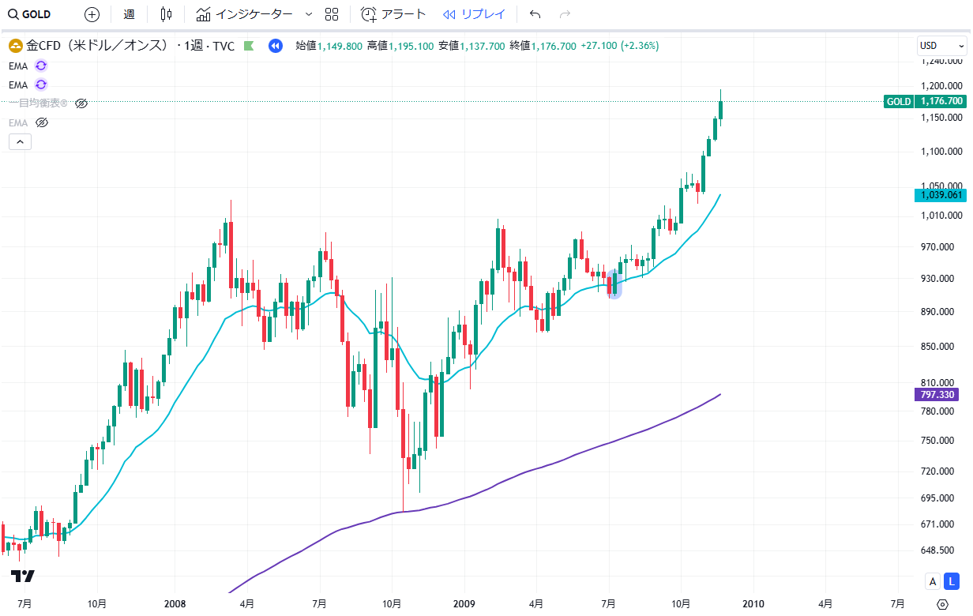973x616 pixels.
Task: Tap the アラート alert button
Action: pos(393,14)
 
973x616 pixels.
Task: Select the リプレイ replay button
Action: pos(474,14)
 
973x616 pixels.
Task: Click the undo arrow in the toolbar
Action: pos(535,14)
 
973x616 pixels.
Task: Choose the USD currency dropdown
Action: pos(941,46)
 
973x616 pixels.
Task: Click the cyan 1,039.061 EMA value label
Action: pos(939,194)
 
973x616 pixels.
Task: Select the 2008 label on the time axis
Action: pos(175,603)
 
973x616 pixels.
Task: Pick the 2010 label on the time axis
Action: pos(753,603)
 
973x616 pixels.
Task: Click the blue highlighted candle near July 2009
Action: pos(614,284)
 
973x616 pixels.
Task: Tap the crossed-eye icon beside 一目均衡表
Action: pos(81,103)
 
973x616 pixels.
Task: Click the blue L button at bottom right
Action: pos(953,582)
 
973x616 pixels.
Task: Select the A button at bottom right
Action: pos(933,582)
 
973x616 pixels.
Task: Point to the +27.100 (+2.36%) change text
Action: pos(619,46)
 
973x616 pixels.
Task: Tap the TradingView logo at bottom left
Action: pos(22,577)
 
